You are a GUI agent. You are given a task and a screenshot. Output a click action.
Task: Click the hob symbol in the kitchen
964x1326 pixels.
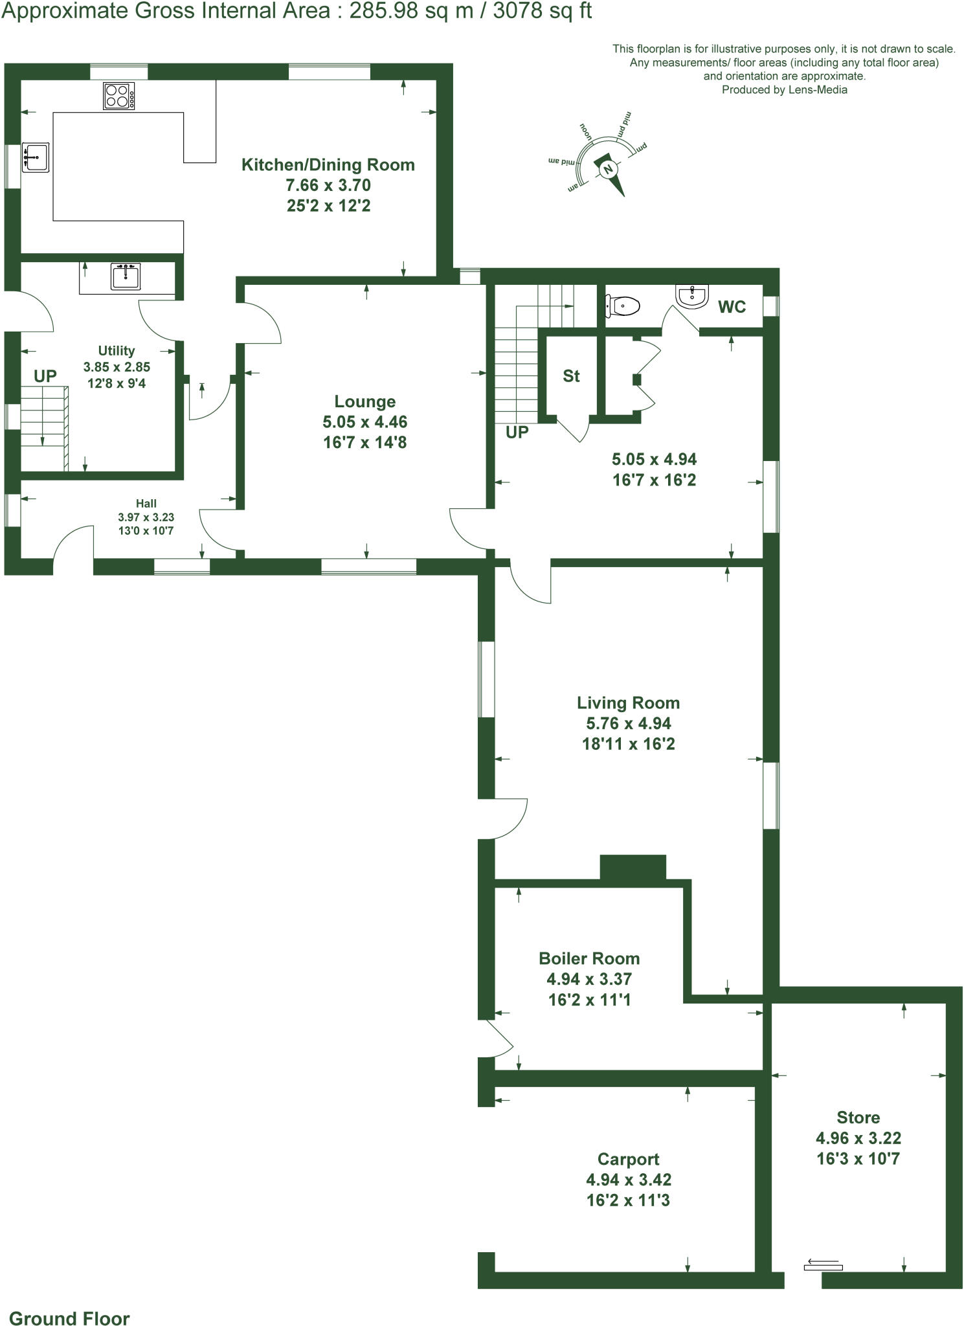(119, 96)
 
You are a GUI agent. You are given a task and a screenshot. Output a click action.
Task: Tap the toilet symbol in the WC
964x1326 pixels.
(623, 304)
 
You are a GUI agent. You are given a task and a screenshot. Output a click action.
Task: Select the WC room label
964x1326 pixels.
(732, 307)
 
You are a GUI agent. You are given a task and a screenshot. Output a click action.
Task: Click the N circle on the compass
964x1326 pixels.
(607, 170)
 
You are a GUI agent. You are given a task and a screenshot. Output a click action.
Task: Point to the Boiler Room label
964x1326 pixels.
(589, 958)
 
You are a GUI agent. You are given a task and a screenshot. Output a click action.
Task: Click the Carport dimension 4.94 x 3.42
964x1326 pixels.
(628, 1180)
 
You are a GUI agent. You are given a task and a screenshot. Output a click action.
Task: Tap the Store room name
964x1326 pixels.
(858, 1118)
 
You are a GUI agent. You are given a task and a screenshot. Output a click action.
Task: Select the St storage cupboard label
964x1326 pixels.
(571, 376)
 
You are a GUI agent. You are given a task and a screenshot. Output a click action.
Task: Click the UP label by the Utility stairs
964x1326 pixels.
(45, 376)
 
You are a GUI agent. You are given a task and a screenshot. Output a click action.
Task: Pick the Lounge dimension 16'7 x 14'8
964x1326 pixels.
(364, 443)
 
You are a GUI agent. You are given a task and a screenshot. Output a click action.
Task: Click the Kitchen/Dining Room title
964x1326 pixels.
(328, 164)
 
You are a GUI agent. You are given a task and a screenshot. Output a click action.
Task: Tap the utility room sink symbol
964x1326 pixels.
(126, 276)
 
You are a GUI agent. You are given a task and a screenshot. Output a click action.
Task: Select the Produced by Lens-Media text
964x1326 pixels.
(784, 90)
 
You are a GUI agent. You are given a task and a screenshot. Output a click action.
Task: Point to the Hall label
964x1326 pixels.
(146, 503)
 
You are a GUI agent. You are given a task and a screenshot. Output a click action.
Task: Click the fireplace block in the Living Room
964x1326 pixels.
(633, 867)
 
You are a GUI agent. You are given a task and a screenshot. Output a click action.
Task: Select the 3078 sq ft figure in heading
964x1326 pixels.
(542, 11)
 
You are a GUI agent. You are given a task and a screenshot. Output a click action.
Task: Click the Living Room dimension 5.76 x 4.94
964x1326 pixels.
(628, 723)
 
